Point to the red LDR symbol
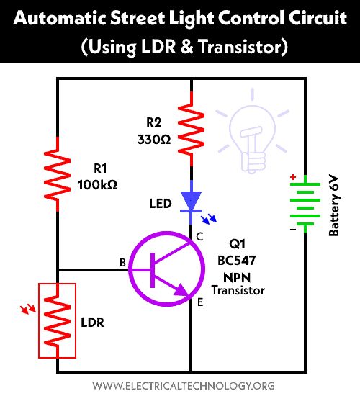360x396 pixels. (x=58, y=320)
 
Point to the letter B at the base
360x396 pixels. (x=122, y=264)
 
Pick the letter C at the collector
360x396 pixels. (x=200, y=235)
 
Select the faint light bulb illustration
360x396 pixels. (x=253, y=130)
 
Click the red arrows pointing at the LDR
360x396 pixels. (x=28, y=310)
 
